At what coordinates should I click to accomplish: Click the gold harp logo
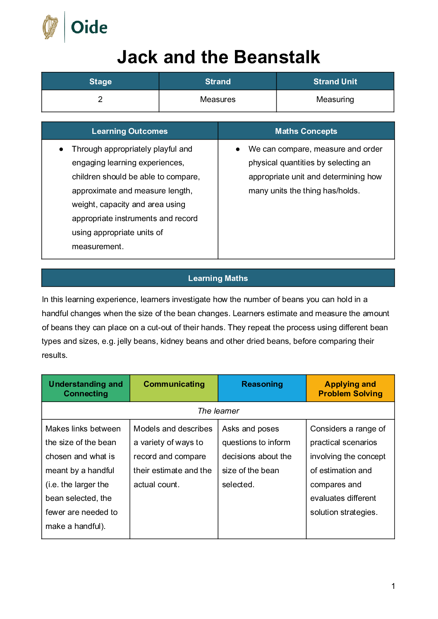50,27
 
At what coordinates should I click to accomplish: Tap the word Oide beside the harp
89,28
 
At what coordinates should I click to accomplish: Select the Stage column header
101,81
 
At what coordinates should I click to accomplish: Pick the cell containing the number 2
100,100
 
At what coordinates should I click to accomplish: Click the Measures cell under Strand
218,100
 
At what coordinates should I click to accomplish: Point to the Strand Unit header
335,81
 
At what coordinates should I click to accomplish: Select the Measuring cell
335,100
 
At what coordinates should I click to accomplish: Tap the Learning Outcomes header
129,131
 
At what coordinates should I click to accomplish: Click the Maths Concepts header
306,131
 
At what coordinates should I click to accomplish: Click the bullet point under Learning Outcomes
61,149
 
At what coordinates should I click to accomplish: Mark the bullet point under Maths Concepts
238,149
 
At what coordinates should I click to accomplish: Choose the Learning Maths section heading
218,278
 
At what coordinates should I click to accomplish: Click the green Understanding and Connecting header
86,389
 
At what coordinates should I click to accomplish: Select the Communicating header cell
174,384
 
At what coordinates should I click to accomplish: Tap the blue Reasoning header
262,384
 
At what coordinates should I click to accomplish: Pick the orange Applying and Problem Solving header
350,389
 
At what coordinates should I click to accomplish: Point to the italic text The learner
218,411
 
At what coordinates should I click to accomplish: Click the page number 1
393,586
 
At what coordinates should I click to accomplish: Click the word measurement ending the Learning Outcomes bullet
97,247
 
